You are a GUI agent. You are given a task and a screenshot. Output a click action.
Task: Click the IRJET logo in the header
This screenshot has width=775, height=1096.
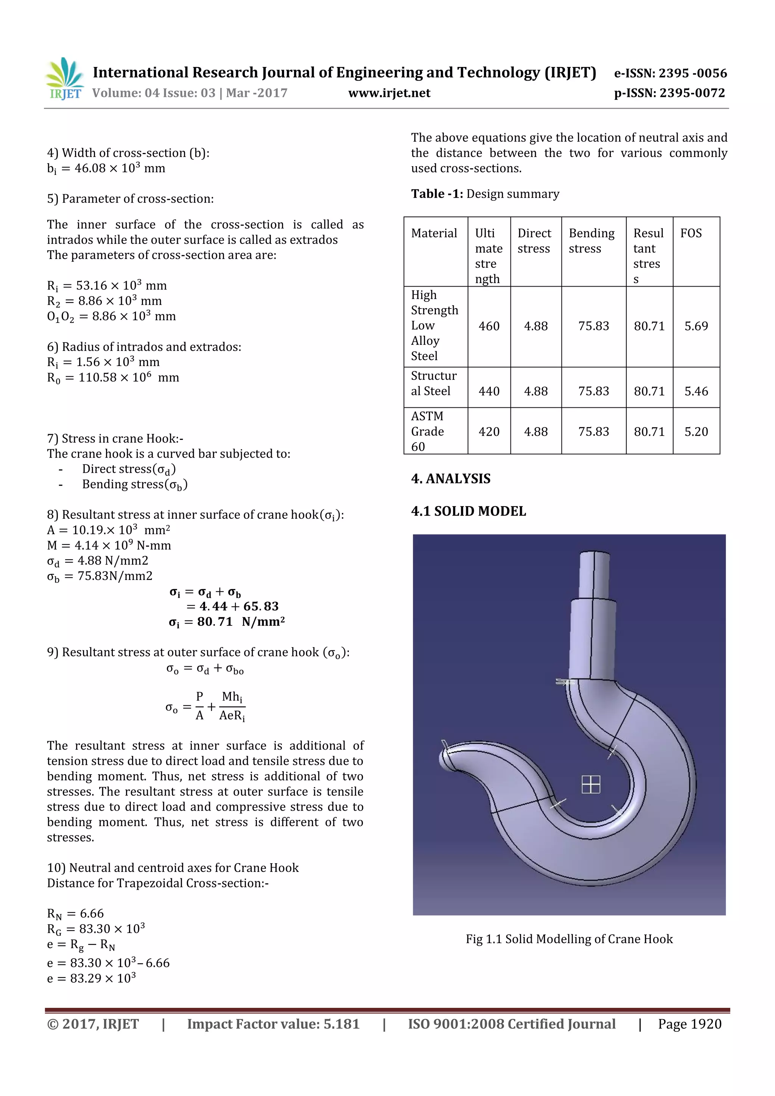[x=64, y=78]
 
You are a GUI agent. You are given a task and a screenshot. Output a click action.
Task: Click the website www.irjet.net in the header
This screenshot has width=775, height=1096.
[x=389, y=93]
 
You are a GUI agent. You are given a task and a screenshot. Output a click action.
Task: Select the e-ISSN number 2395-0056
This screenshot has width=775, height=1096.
[x=670, y=73]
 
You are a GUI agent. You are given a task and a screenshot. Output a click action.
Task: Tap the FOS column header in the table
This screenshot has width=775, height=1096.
[x=691, y=234]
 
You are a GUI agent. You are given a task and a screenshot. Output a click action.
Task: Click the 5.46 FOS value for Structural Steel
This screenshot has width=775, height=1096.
[x=696, y=391]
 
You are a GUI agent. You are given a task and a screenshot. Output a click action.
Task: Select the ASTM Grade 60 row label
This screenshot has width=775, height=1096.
[x=428, y=431]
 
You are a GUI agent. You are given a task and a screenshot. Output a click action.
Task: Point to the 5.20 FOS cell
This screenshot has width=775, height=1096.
[x=696, y=432]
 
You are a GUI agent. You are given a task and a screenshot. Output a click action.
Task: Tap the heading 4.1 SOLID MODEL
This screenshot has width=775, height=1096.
[x=468, y=511]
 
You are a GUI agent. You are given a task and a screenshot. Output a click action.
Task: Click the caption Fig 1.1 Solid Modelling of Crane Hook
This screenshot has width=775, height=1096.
[x=569, y=939]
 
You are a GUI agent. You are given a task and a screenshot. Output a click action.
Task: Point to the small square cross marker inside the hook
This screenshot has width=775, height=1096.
[x=590, y=784]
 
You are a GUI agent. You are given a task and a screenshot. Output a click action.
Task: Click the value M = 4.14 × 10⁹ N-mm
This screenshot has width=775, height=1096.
[x=109, y=545]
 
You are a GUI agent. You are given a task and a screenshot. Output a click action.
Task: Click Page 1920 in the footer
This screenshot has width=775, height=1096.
[x=689, y=1024]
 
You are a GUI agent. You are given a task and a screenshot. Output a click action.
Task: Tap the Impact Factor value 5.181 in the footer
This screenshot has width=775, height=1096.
[x=273, y=1024]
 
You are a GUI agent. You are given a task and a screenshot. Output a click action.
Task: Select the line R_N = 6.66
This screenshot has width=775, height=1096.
[x=75, y=914]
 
